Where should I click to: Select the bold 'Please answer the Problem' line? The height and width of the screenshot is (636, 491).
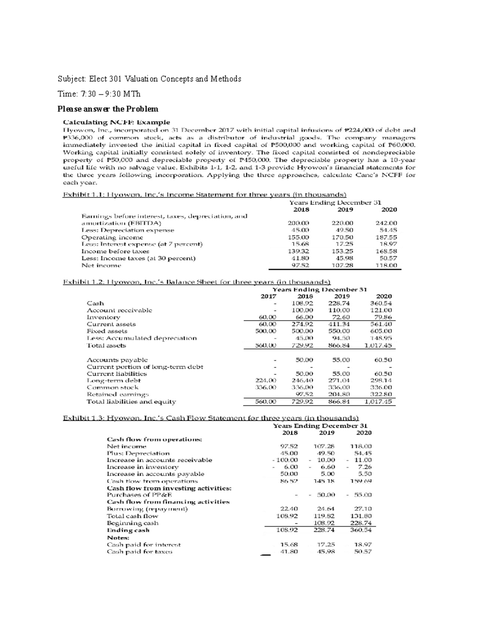pyautogui.click(x=108, y=109)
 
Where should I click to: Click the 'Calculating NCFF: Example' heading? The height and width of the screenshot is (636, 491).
pyautogui.click(x=116, y=122)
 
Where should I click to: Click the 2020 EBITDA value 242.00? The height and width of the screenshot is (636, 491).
pyautogui.click(x=386, y=223)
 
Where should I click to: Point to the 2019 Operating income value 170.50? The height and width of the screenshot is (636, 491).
pyautogui.click(x=342, y=237)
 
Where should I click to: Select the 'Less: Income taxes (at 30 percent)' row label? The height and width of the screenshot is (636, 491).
pyautogui.click(x=138, y=258)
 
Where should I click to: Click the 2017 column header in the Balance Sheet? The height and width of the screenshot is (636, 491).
pyautogui.click(x=268, y=296)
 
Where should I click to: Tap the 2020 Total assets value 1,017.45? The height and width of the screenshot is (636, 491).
pyautogui.click(x=378, y=345)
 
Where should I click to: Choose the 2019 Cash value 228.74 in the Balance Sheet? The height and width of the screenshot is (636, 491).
pyautogui.click(x=339, y=303)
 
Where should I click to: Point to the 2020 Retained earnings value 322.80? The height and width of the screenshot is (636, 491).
pyautogui.click(x=381, y=394)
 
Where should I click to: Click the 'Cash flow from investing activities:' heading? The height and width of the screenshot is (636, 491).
pyautogui.click(x=169, y=488)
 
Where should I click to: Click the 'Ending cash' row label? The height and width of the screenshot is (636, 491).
pyautogui.click(x=128, y=530)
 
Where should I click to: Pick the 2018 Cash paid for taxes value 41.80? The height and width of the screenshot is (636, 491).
pyautogui.click(x=288, y=551)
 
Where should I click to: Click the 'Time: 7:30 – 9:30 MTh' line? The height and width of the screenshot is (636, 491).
pyautogui.click(x=99, y=94)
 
